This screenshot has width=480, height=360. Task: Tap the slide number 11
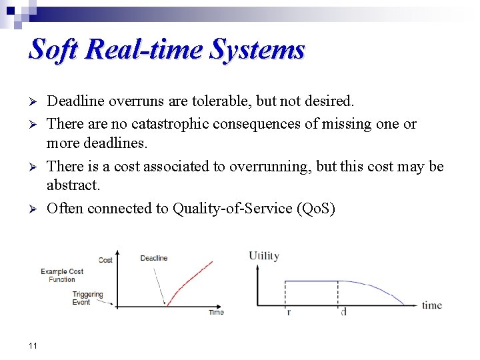point(33,345)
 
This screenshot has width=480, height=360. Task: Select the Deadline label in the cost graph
point(154,258)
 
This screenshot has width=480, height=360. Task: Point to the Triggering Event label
point(87,298)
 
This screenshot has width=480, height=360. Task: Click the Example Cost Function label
point(62,275)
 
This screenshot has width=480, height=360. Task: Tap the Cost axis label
point(105,260)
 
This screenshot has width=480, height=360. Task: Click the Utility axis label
point(264,256)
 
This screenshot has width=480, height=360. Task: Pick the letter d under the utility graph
point(343,312)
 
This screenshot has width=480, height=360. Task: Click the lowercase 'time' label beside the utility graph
point(431,305)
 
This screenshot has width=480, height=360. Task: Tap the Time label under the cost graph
point(216,312)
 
